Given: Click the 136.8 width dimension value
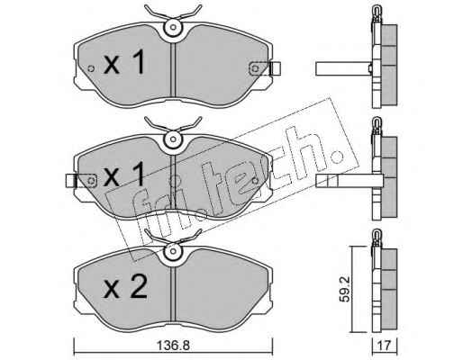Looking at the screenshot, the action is coord(174,346).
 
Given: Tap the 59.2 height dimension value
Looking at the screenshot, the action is coord(345,289).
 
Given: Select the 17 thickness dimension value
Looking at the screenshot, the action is coord(385,346).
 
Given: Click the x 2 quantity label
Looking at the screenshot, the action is coord(125,287).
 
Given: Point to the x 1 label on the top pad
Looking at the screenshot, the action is coord(124,62).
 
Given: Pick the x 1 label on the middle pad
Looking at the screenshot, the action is coord(124,175).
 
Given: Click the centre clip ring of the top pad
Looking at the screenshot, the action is coord(173,27).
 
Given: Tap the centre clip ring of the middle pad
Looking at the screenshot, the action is coord(173,139).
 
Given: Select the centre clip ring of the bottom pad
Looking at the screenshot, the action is coord(173,251).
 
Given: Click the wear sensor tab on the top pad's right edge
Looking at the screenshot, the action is coord(276,68).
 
